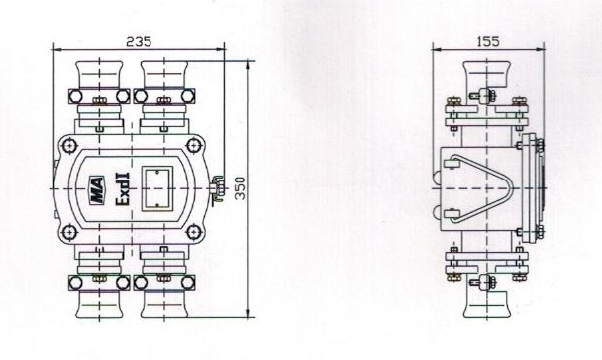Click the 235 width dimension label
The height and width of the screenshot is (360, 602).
139,41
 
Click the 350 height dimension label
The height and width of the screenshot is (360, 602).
241,188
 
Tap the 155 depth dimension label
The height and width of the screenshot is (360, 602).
488,41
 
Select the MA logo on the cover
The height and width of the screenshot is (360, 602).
96,189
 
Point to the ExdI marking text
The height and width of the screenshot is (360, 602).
123,189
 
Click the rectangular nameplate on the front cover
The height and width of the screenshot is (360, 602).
157,188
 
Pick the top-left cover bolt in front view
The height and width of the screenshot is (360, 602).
69,146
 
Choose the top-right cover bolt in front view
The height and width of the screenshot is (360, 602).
194,146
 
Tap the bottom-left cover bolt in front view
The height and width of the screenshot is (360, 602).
69,232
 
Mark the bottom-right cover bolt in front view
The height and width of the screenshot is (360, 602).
194,232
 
